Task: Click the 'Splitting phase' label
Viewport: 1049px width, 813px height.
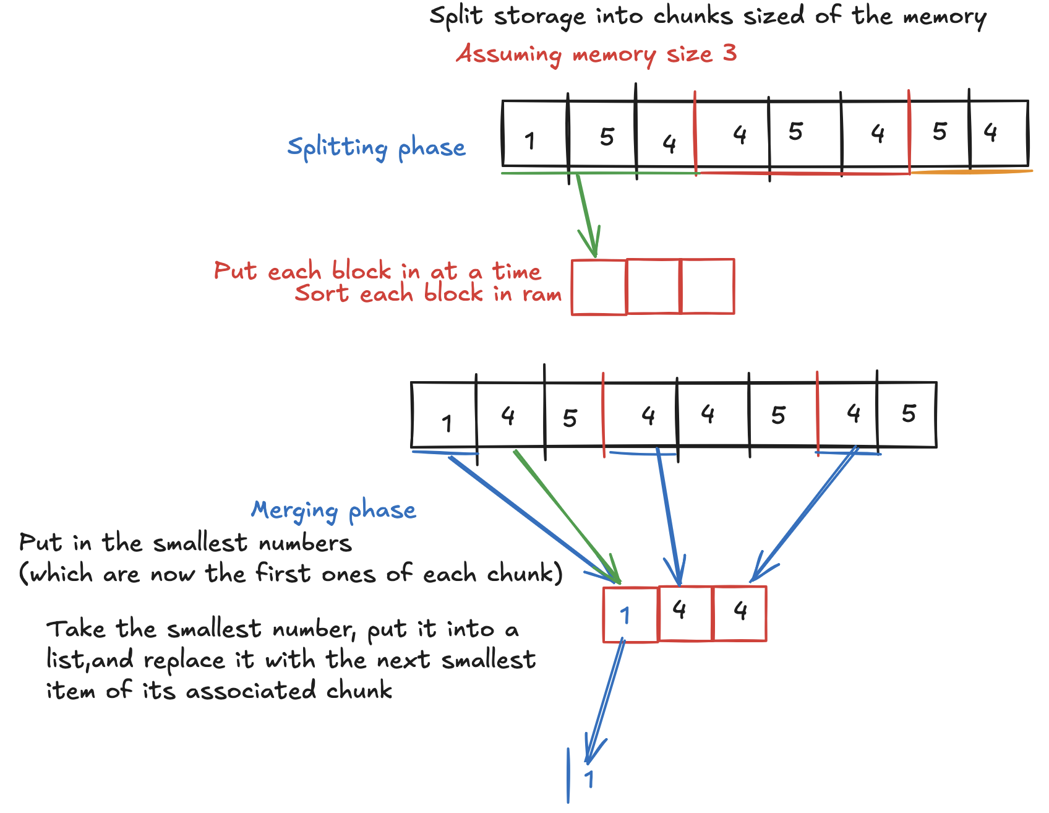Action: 376,148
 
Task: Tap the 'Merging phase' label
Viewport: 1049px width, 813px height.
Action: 333,510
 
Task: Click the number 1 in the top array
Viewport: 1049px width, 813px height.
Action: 530,140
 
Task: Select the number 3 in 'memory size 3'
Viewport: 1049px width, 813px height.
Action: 730,53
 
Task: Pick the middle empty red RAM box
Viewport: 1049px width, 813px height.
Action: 653,286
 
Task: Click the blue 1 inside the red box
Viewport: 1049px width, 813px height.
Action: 625,615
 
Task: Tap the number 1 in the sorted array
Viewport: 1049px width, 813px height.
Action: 447,423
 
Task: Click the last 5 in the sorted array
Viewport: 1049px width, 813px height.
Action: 908,413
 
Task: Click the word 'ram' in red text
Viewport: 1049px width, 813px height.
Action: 542,294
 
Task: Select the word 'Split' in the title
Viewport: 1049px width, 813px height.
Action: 456,15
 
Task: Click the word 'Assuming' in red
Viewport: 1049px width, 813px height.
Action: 508,54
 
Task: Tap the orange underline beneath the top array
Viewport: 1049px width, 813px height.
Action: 971,172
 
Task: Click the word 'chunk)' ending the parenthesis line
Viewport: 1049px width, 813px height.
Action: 524,574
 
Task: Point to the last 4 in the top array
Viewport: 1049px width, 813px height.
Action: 990,132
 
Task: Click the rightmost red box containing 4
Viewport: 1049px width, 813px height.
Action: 740,613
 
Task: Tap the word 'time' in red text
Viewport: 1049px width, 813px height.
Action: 516,271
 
